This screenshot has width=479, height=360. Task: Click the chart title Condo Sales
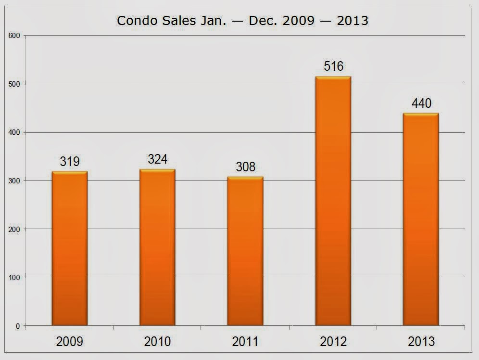coord(243,21)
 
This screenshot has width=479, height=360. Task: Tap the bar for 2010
coord(157,247)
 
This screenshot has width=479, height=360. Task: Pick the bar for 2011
coord(245,251)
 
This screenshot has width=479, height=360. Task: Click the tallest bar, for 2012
coord(333,201)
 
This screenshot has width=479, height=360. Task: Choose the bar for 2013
coord(421,219)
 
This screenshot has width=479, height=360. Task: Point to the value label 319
coord(70,162)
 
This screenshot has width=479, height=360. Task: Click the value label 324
coord(157,159)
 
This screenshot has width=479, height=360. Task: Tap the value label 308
coord(245,167)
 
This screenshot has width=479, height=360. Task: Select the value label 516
coord(333,66)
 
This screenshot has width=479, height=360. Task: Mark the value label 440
coord(421,103)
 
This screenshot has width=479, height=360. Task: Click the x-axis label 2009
coord(70,342)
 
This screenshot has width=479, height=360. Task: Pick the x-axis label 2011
coord(245,342)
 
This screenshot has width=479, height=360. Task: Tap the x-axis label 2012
coord(333,342)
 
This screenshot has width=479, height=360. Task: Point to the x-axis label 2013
coord(421,342)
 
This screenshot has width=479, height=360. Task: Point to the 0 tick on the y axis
coord(18,326)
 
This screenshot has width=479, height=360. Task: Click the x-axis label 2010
coord(157,342)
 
